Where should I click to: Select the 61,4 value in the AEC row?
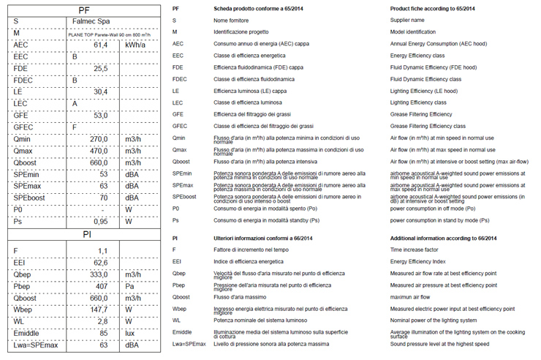click(x=100, y=45)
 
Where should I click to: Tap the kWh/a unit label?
click(x=135, y=45)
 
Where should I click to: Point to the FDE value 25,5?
click(x=100, y=69)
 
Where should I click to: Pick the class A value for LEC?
click(x=75, y=103)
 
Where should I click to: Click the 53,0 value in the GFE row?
click(x=100, y=115)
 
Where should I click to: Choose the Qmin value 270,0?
click(x=99, y=138)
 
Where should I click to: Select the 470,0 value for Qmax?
click(x=99, y=151)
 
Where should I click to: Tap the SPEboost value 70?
click(x=103, y=198)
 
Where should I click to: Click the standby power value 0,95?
click(x=100, y=221)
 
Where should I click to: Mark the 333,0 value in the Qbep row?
click(x=99, y=274)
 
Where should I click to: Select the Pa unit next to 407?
click(x=130, y=286)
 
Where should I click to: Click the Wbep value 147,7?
click(x=99, y=310)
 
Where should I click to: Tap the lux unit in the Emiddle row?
click(x=131, y=333)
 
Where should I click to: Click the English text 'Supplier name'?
click(x=408, y=20)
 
